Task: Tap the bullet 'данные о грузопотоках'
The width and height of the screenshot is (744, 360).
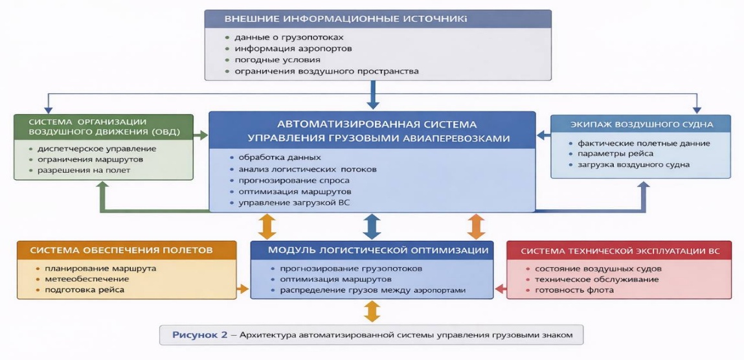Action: point(289,37)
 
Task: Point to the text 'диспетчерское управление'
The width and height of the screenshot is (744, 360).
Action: point(92,148)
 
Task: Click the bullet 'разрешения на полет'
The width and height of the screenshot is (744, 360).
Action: point(84,170)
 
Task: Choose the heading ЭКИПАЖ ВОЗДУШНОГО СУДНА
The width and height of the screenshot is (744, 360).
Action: point(640,124)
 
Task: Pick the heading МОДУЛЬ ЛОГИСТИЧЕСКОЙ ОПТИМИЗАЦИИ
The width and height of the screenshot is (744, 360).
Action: point(371,250)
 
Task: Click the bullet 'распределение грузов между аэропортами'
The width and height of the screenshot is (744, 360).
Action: point(372,290)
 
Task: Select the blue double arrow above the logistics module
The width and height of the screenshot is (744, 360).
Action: point(372,226)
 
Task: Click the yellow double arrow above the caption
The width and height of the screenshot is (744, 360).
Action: point(371,311)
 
